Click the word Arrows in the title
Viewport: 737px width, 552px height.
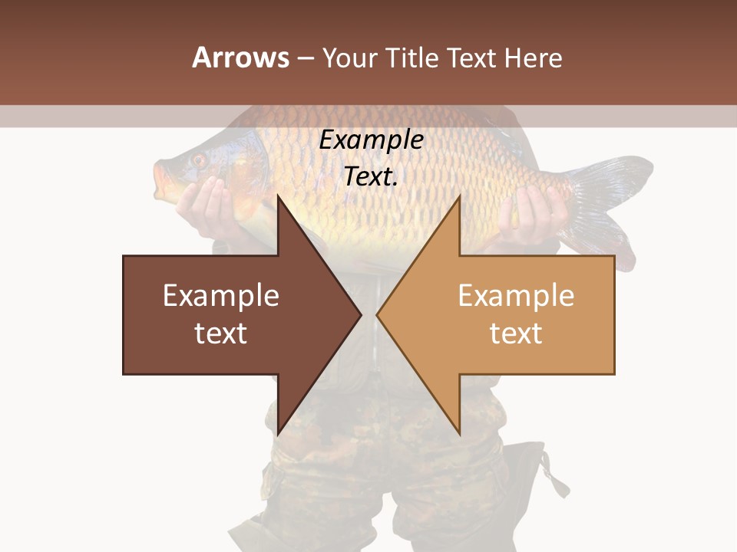(240, 58)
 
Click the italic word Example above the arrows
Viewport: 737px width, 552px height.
(371, 140)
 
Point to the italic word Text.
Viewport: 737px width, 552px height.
(371, 176)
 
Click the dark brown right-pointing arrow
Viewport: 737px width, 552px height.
(230, 314)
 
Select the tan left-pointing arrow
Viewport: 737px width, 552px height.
(507, 314)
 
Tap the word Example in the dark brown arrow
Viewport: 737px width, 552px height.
(221, 296)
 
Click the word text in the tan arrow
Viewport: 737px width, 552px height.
(516, 333)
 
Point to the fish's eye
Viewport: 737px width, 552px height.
(199, 160)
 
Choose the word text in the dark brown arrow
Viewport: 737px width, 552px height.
(221, 333)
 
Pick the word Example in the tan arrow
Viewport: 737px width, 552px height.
(516, 296)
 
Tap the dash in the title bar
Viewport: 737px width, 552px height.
(305, 58)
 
